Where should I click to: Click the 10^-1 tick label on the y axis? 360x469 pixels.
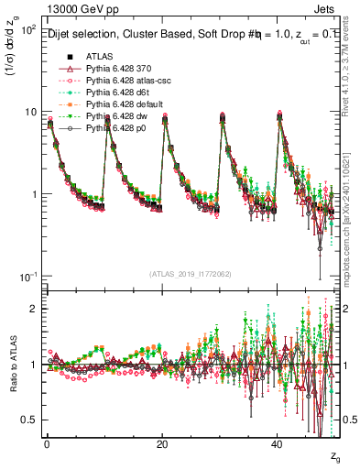click(x=28, y=277)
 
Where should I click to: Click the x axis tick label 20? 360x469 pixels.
click(x=162, y=444)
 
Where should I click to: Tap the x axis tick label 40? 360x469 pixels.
click(x=278, y=444)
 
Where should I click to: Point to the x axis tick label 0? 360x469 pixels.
click(x=47, y=444)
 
